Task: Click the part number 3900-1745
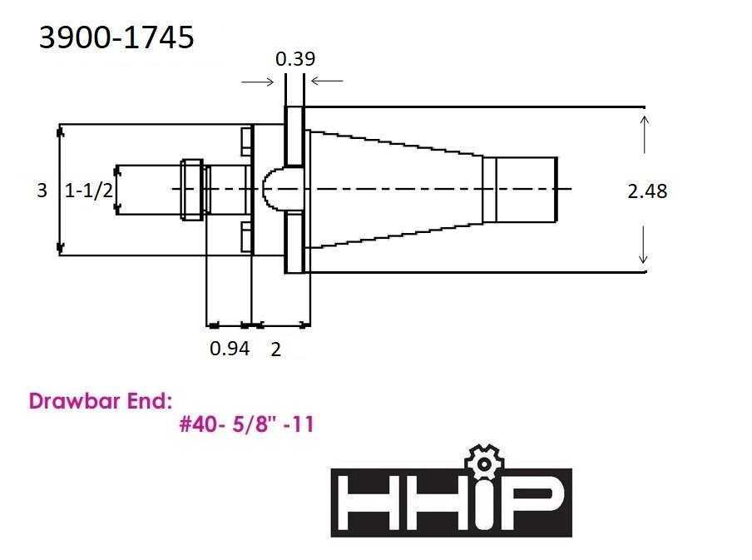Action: (x=116, y=37)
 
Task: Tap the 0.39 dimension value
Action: (x=295, y=59)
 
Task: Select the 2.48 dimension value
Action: (x=647, y=191)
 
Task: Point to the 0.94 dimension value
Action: (x=230, y=349)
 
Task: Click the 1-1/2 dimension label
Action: (x=89, y=191)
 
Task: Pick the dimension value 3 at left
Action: (x=42, y=191)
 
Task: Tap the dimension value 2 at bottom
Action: (x=276, y=349)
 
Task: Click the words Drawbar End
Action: (x=100, y=401)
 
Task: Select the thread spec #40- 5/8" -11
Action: (x=246, y=424)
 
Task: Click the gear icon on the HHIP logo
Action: (x=484, y=463)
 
